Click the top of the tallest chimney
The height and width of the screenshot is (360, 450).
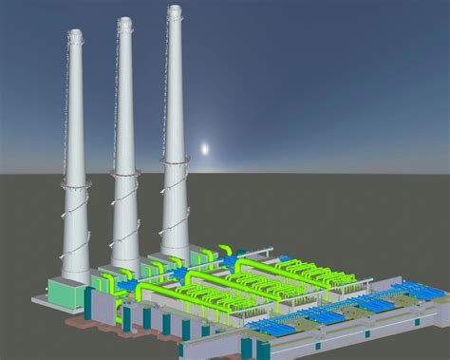pos(174,10)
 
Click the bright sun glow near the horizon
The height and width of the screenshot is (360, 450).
pos(203,149)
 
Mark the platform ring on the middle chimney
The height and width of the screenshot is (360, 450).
pos(125,174)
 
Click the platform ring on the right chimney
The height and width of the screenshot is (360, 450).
pos(174,163)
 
